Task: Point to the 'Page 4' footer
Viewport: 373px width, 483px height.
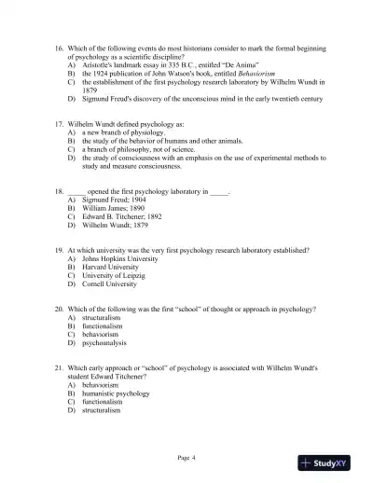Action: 186,457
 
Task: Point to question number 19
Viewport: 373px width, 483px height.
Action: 59,251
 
